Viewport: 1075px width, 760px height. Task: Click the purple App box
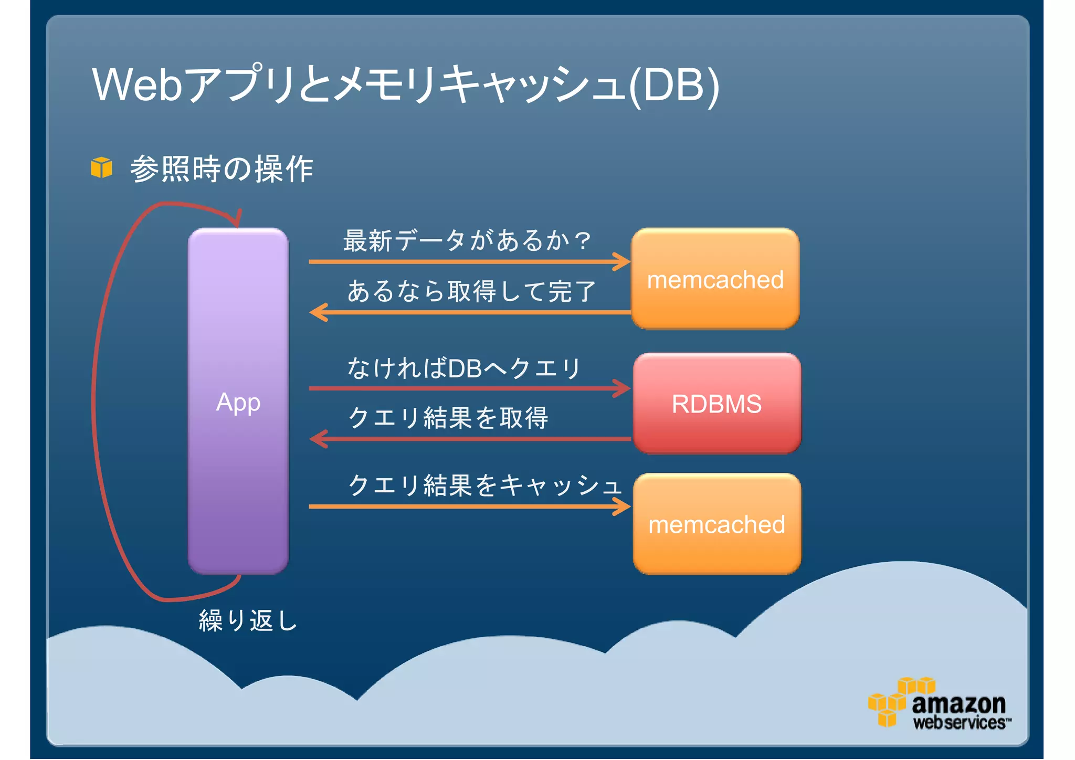(x=238, y=402)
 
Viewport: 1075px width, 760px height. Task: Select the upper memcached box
(x=715, y=279)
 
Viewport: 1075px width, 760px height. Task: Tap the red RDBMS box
(x=716, y=403)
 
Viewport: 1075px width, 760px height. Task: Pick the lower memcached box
(x=716, y=524)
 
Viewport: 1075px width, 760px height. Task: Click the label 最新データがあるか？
(x=467, y=240)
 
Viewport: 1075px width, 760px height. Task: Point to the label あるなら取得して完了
(x=471, y=291)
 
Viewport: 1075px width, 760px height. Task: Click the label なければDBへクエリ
(x=464, y=367)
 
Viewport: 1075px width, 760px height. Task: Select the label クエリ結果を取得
(x=448, y=418)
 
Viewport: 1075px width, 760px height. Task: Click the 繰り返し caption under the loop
(x=248, y=620)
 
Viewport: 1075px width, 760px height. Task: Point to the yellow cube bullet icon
(x=101, y=167)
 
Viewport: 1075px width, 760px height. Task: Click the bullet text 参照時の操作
(x=222, y=169)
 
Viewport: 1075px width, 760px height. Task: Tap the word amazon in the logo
(x=958, y=703)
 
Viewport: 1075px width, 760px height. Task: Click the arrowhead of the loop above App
(x=237, y=218)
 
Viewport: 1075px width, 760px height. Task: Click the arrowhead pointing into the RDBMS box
(x=623, y=388)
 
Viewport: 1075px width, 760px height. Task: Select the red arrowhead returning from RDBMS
(x=318, y=439)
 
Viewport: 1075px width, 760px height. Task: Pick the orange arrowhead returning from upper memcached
(x=318, y=312)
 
